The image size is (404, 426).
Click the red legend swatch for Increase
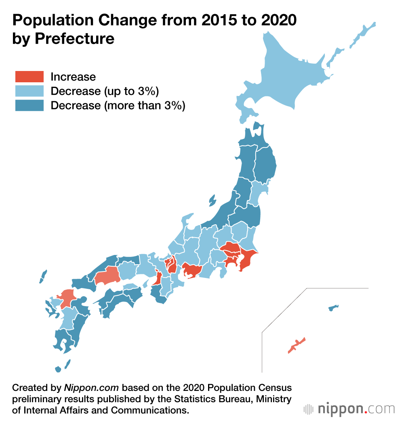pyautogui.click(x=29, y=77)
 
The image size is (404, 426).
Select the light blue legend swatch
pyautogui.click(x=29, y=91)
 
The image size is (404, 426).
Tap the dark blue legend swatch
pyautogui.click(x=29, y=105)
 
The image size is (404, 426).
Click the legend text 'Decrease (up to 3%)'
pyautogui.click(x=104, y=91)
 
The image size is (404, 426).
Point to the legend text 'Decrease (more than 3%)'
pyautogui.click(x=118, y=106)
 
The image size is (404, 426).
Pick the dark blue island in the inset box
pyautogui.click(x=333, y=308)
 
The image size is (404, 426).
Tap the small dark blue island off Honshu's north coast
pyautogui.click(x=212, y=200)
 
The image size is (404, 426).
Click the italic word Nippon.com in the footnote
pyautogui.click(x=91, y=388)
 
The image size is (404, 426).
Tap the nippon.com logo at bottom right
pyautogui.click(x=349, y=409)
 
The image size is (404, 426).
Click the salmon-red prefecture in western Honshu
pyautogui.click(x=107, y=276)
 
